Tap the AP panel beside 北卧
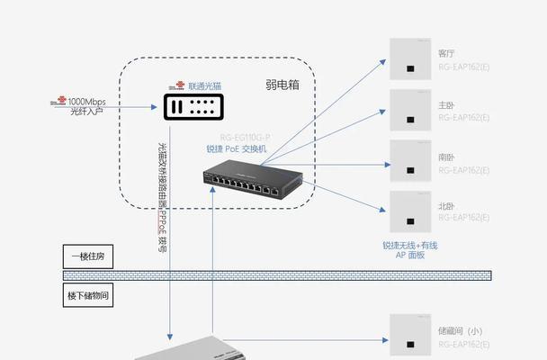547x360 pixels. [410, 213]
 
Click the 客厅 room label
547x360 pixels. [446, 53]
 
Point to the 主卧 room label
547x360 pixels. [446, 105]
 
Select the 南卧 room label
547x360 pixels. [446, 157]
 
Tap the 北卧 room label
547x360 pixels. [446, 206]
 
